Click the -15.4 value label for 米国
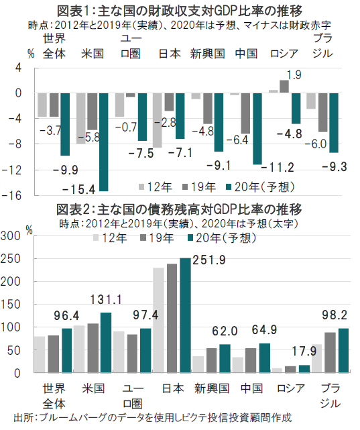79,189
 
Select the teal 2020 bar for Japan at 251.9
185,315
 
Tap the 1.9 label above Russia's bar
294,75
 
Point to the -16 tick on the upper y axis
11,195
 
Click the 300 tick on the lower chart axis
11,236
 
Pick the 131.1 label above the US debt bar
106,299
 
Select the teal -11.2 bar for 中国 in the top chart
257,129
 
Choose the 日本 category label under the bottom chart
173,388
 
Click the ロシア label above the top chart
284,54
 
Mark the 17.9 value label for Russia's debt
304,351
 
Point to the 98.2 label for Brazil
335,315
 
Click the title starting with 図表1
180,11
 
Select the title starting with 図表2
179,209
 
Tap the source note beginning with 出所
152,418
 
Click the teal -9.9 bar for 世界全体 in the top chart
65,125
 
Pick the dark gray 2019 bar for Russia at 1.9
284,87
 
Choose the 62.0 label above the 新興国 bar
225,331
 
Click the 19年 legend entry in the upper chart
199,186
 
